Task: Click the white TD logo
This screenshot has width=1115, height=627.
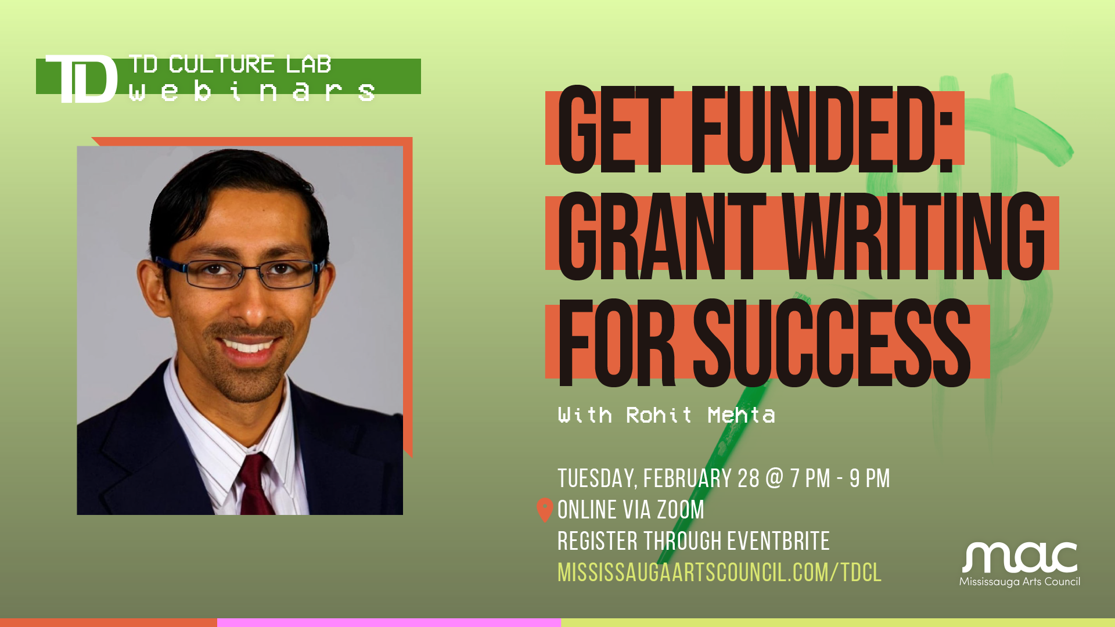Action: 81,79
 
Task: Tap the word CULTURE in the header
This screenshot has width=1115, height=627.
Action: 221,64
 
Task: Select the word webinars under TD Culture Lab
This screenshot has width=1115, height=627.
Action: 251,92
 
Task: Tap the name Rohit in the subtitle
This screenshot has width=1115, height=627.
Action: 659,415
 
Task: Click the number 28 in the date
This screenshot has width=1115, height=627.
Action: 748,479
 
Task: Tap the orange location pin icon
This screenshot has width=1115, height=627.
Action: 545,510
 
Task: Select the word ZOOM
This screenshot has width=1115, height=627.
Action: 680,510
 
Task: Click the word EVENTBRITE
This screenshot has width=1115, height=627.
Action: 778,541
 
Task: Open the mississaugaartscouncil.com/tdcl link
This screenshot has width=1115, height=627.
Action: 720,572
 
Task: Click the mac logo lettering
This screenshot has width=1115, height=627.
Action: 1019,558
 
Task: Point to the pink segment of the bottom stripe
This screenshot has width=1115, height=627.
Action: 389,622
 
